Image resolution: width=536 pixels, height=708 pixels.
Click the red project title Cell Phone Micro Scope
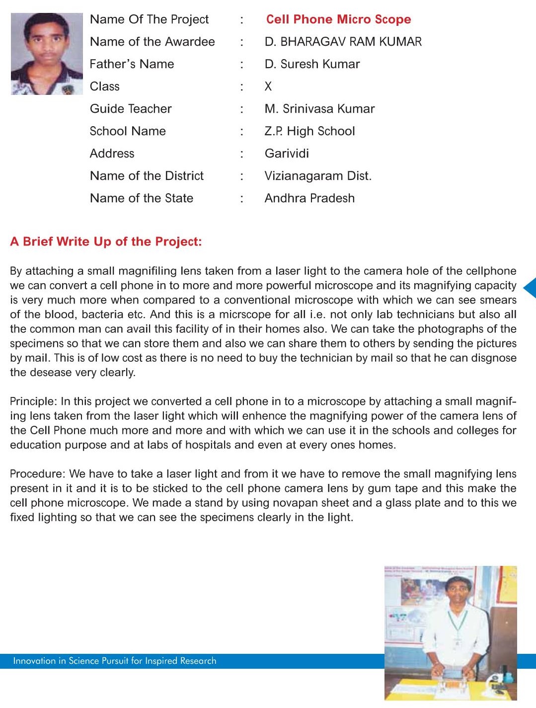click(x=338, y=19)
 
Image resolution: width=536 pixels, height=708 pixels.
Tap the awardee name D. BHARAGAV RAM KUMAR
click(x=343, y=42)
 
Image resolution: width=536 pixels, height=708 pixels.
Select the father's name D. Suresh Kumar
click(x=312, y=64)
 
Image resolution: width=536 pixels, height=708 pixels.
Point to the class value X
click(x=268, y=86)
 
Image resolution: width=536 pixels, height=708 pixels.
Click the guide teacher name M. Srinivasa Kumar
click(x=319, y=109)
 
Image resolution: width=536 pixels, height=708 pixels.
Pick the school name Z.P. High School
click(x=309, y=131)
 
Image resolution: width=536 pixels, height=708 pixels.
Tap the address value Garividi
click(x=287, y=154)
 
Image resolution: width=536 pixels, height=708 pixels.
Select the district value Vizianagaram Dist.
click(x=318, y=176)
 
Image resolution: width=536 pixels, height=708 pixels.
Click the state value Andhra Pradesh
click(x=309, y=198)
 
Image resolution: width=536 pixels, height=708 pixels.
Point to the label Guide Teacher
click(x=131, y=109)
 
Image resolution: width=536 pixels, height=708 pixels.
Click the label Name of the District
click(x=147, y=176)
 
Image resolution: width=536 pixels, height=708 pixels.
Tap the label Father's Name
click(x=132, y=64)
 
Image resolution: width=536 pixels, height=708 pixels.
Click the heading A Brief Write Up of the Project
click(x=106, y=242)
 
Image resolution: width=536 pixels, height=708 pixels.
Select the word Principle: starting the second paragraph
click(x=33, y=401)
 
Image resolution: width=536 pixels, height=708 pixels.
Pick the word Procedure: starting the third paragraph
click(x=37, y=474)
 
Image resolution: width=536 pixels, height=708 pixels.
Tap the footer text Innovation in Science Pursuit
click(x=114, y=661)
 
